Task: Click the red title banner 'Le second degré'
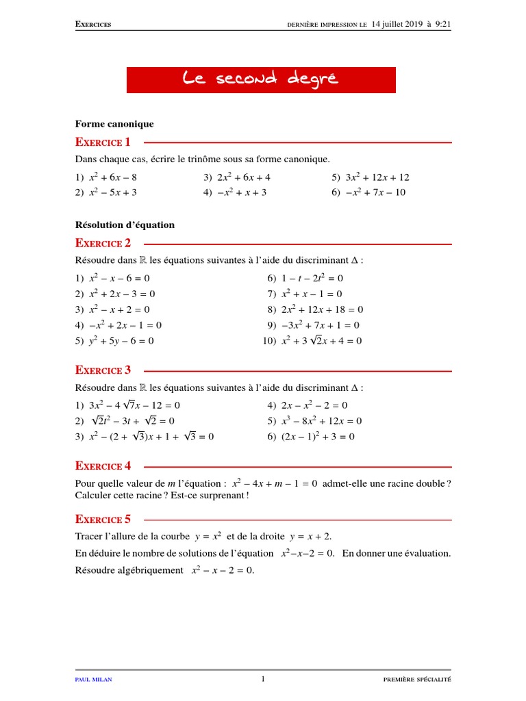point(261,80)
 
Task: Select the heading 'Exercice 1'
point(103,142)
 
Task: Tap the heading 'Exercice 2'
point(103,243)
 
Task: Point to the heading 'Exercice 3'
point(103,370)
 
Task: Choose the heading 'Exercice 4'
point(103,466)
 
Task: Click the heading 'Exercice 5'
point(103,518)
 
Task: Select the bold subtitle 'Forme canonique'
point(114,124)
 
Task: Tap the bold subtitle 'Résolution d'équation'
point(125,225)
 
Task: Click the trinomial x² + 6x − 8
point(118,177)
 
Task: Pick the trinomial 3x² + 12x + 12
point(379,177)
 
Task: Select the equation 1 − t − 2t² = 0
point(312,278)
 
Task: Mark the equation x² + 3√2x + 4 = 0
point(321,340)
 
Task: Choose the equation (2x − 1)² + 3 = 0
point(318,436)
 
